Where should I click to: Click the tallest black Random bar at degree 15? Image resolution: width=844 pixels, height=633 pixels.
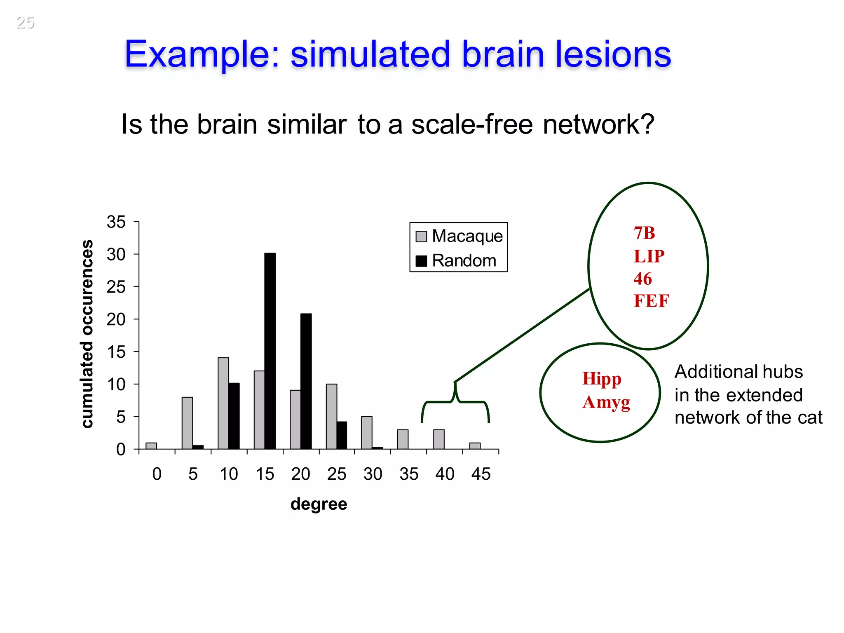(x=270, y=351)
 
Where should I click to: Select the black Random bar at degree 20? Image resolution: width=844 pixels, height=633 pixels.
(x=306, y=381)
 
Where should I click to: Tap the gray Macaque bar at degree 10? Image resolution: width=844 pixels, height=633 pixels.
(x=223, y=403)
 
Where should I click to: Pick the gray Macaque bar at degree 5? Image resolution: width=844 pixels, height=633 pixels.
(x=187, y=423)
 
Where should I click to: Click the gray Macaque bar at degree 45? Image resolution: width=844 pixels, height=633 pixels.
(x=475, y=446)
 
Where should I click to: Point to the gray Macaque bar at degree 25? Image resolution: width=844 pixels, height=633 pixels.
(x=331, y=416)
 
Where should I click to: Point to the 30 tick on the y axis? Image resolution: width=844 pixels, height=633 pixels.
(x=116, y=254)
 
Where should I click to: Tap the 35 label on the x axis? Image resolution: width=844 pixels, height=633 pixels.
(x=409, y=474)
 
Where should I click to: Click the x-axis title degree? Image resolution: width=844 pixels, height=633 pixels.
(x=319, y=504)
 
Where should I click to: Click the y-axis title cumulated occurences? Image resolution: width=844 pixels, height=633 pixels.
(x=87, y=334)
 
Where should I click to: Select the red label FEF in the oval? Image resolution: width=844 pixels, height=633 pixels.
(x=651, y=301)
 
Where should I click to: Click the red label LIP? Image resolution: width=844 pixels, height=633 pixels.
(x=649, y=256)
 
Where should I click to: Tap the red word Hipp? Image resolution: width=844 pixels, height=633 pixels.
(x=602, y=379)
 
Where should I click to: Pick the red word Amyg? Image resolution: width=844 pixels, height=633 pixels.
(x=606, y=403)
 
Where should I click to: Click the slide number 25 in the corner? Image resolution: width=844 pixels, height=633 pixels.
(x=25, y=23)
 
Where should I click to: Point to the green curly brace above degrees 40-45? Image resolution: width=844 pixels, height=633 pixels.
(x=455, y=402)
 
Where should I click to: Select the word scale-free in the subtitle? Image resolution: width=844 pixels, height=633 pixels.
(x=472, y=124)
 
